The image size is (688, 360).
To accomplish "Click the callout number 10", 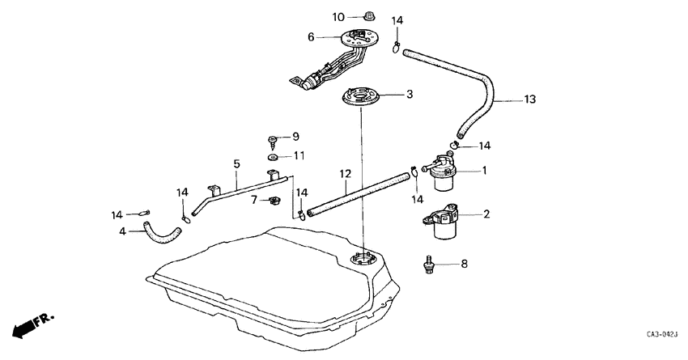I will pos(338,16).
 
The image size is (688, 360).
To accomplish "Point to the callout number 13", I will pos(530,100).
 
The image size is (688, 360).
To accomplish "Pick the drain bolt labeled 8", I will pos(431,264).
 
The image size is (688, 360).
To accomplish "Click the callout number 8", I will pos(464,263).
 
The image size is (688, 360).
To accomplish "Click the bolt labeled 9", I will pos(274,138).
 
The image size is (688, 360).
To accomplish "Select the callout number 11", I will pos(299,155).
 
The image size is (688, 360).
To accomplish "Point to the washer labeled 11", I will pos(274,155).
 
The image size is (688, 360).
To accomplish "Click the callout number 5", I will pos(236,163).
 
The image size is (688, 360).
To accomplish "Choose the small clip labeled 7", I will pos(274,200).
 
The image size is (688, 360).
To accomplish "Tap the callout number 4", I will pos(123,231).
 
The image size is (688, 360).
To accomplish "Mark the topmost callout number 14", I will pos(397,20).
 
